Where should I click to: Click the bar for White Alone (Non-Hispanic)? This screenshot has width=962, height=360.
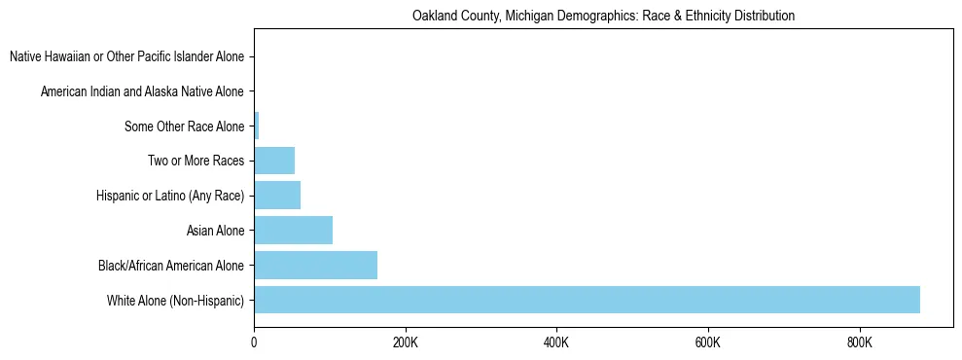click(x=587, y=300)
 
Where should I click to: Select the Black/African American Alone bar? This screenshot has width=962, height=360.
click(x=315, y=265)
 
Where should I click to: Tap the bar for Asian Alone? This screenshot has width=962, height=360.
click(x=293, y=231)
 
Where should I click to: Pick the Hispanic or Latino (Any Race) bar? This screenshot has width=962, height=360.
click(x=277, y=196)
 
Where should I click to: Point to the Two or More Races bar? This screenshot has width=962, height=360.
click(x=274, y=161)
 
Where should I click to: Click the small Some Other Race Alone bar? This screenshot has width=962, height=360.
click(x=257, y=126)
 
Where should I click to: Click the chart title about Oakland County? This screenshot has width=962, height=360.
click(x=603, y=16)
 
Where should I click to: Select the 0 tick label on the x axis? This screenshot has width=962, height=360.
click(x=254, y=342)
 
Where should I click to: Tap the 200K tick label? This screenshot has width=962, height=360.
click(x=406, y=342)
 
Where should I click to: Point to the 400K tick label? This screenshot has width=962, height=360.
click(x=556, y=342)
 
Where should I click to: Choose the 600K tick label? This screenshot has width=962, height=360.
click(x=708, y=342)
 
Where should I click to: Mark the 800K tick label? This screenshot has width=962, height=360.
click(x=860, y=342)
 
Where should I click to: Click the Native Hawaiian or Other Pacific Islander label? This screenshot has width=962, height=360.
click(x=126, y=57)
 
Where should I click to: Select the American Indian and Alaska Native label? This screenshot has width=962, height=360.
click(x=142, y=92)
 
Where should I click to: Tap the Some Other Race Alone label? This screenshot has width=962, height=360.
click(x=184, y=126)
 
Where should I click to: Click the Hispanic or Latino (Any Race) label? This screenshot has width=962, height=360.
click(x=170, y=197)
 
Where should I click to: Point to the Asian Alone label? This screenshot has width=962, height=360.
click(x=215, y=231)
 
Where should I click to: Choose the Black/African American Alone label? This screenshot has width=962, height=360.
click(x=171, y=266)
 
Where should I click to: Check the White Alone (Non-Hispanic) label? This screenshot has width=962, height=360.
click(x=176, y=301)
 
